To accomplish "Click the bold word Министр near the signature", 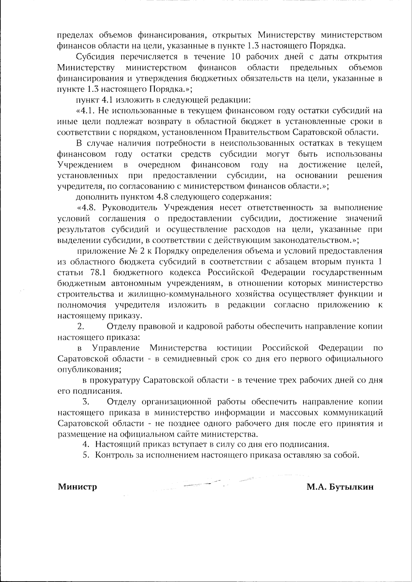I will click(77, 487).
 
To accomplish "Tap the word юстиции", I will click(235, 348).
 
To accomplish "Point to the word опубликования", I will click(89, 370).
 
